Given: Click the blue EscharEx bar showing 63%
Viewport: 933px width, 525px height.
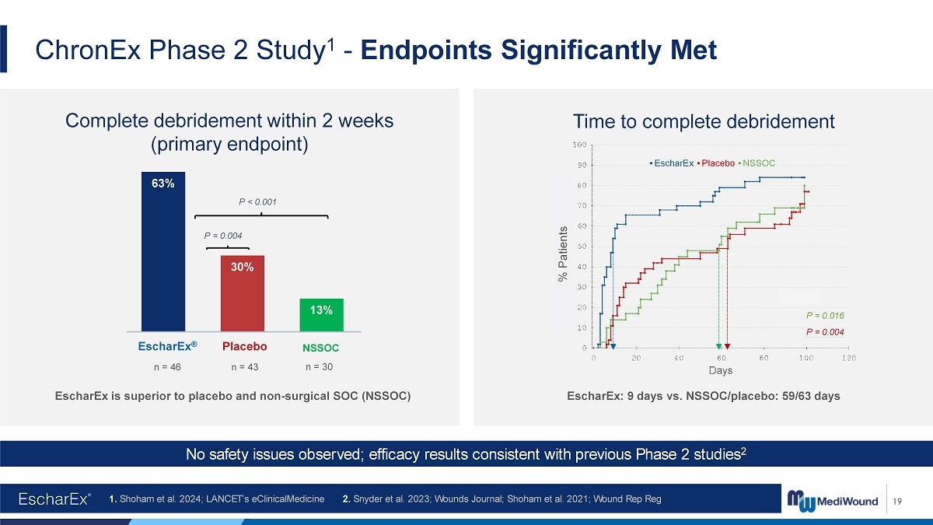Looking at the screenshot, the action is (x=163, y=252).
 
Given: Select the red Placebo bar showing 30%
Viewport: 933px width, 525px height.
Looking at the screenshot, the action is (x=243, y=293).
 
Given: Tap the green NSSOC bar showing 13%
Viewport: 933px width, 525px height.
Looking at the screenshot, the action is (x=322, y=315).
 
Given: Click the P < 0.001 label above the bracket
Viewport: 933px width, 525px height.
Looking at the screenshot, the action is (x=257, y=202).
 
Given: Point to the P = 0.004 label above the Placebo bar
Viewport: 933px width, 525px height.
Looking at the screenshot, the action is (x=223, y=236).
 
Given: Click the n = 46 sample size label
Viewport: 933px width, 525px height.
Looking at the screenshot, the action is (x=167, y=367).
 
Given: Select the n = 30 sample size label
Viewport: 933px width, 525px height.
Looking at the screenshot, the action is (x=319, y=367).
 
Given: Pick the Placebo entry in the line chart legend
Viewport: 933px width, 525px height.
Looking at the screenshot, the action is (x=715, y=163).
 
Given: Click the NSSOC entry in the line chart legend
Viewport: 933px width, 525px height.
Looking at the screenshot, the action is (x=757, y=163).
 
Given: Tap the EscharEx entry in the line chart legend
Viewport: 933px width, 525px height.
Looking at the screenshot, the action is (x=672, y=163).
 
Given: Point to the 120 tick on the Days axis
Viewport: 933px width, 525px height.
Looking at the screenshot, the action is (x=849, y=358).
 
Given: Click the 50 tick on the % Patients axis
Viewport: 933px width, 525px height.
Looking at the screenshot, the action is (x=582, y=247).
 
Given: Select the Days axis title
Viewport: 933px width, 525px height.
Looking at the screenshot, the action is (x=721, y=370).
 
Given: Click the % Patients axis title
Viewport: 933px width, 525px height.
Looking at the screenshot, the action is (x=563, y=254).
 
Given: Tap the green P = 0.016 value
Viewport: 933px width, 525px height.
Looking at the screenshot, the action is (x=825, y=316).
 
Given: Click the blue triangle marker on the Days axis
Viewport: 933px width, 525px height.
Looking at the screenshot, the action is (x=613, y=347).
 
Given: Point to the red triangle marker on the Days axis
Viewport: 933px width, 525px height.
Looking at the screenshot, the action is (x=727, y=347).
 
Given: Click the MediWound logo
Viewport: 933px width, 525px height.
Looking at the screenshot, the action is (x=832, y=500).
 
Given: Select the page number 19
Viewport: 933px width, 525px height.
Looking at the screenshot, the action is (x=897, y=501).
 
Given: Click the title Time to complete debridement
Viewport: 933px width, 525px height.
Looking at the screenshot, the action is (x=704, y=121).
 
